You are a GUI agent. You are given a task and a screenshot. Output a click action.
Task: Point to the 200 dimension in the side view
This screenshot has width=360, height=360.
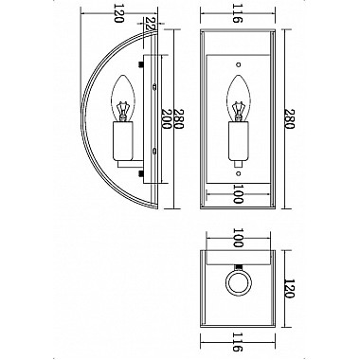170,118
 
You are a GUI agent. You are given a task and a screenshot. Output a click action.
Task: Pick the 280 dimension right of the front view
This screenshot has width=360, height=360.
286,118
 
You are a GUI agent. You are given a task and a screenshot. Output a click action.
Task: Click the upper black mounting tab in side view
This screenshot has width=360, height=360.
142,65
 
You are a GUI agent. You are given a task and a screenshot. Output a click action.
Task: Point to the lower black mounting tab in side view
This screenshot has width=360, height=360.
142,172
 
